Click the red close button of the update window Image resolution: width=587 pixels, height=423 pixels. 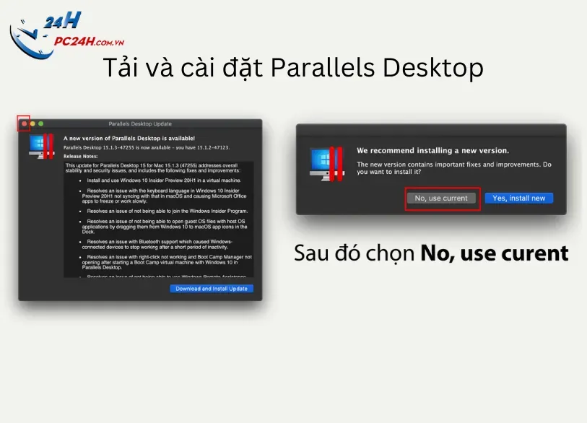[x=25, y=124]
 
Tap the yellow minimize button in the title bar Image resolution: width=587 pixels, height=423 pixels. [x=32, y=124]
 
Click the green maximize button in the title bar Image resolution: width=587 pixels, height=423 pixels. [x=41, y=124]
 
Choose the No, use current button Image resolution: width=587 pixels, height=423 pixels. [x=441, y=198]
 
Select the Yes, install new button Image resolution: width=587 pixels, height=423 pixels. [x=518, y=198]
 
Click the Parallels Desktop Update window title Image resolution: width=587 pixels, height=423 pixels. [x=140, y=124]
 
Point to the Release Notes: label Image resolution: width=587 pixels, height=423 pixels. [x=81, y=155]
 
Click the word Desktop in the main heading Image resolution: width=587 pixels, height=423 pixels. [x=432, y=69]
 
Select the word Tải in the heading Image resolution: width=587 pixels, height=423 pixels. [x=120, y=69]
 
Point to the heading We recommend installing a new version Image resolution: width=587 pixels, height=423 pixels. [x=432, y=151]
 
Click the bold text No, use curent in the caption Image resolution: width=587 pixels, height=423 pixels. [x=494, y=254]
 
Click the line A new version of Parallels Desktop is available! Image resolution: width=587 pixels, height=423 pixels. [x=129, y=137]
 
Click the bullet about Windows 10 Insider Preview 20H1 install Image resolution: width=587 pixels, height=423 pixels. [x=164, y=180]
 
